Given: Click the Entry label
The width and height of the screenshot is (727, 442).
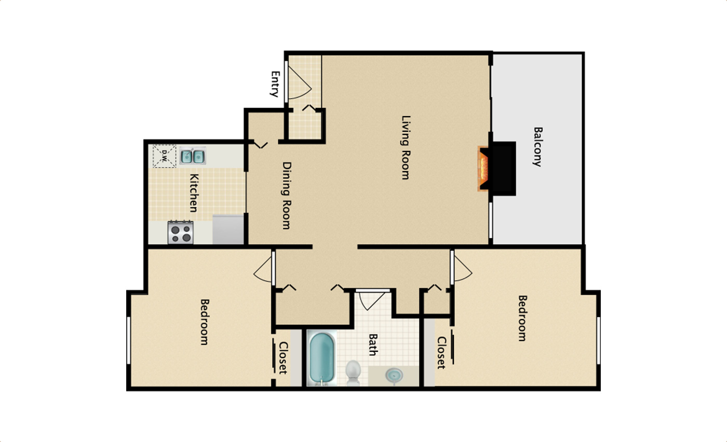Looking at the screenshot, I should (275, 84).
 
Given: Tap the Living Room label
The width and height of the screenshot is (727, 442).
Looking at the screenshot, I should (406, 147).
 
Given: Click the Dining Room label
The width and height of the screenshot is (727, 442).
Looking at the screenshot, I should (286, 196).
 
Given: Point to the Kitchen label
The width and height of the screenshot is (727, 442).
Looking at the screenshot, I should (193, 192).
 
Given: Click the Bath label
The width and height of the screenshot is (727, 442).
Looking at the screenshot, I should (372, 345).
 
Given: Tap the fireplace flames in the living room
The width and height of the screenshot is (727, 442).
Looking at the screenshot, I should (484, 169).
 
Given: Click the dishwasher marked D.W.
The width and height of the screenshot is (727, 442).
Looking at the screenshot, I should (164, 155).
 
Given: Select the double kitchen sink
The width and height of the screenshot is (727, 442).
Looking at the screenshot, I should (193, 156).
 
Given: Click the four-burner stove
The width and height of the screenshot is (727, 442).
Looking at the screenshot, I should (180, 232).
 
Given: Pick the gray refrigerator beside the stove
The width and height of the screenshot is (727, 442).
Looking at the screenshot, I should (228, 229).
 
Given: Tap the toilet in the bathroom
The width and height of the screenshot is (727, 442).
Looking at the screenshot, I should (353, 372).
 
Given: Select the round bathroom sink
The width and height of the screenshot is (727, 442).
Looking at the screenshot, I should (394, 375).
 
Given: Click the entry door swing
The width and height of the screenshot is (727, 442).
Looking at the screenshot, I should (299, 83).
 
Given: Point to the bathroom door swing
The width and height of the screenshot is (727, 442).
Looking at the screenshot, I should (371, 299).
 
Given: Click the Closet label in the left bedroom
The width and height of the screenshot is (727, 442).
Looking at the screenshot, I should (284, 357).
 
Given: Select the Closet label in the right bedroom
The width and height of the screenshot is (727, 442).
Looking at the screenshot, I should (441, 353).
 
